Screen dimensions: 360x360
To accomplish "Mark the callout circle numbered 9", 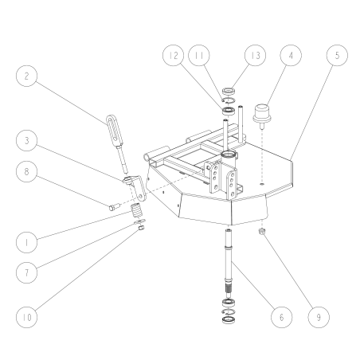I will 318,318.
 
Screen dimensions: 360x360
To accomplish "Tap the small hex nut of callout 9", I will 263,231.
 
